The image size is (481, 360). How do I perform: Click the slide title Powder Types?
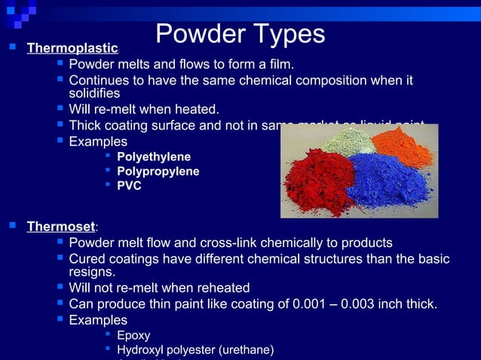(x=240, y=33)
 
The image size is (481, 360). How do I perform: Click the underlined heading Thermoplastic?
(x=72, y=49)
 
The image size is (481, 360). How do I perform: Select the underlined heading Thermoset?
(x=61, y=226)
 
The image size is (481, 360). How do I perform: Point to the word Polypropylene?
(x=158, y=171)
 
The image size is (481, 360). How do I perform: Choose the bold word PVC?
(x=129, y=185)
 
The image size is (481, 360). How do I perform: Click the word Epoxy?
(x=133, y=335)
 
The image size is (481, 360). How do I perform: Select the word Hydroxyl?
(x=141, y=349)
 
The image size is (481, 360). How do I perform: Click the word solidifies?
(x=95, y=93)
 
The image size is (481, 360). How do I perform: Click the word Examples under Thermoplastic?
(x=98, y=141)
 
